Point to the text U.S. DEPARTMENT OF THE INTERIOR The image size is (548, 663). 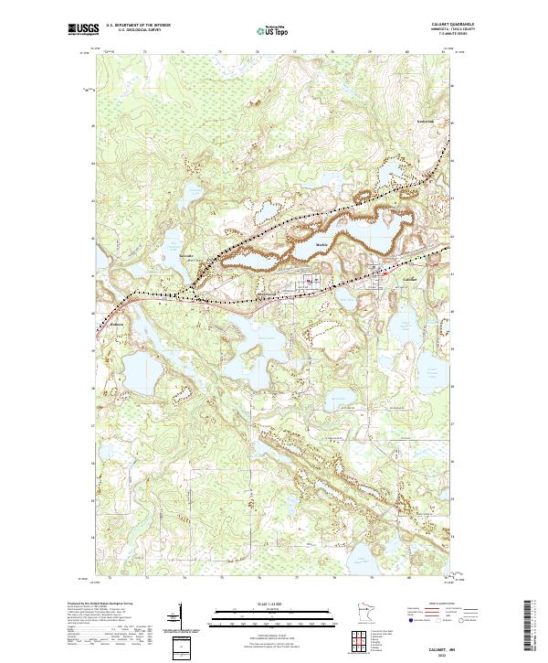coord(139,25)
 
